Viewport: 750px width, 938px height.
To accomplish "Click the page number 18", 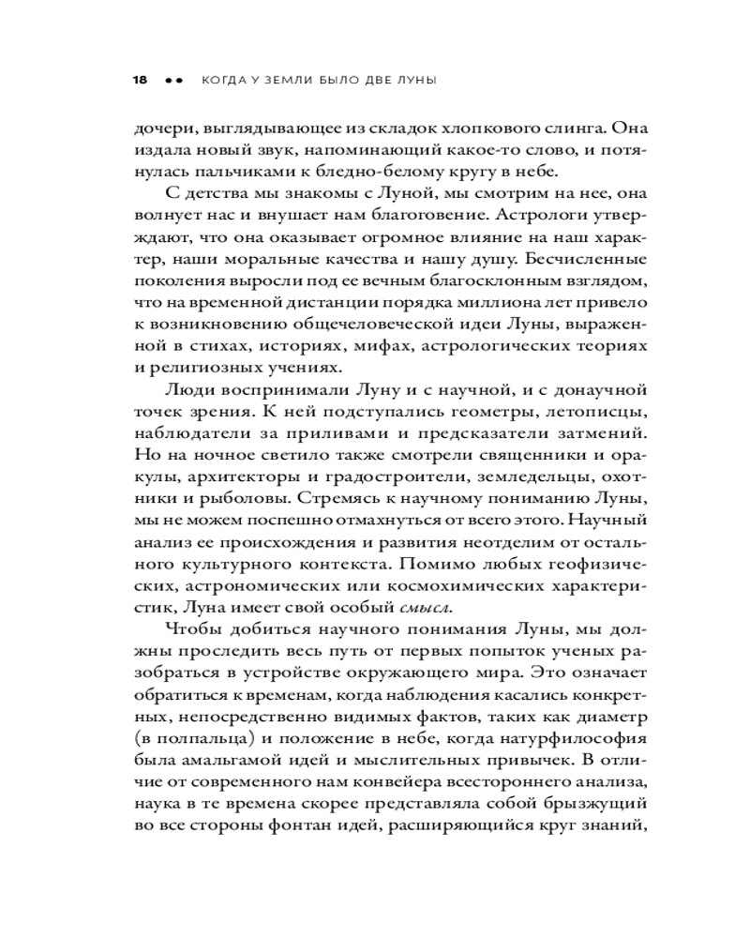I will (140, 81).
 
